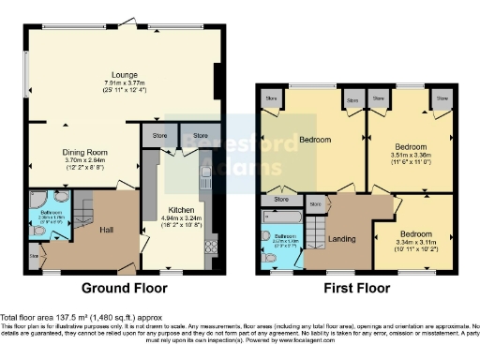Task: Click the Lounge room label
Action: tap(124, 74)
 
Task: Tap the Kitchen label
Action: tap(181, 210)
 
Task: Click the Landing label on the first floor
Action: tap(342, 239)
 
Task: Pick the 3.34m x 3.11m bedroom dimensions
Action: tap(415, 246)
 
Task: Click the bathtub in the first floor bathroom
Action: tap(280, 218)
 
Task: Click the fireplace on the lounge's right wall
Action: tap(218, 79)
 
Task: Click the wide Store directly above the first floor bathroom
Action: tap(278, 200)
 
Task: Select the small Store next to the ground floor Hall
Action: tap(35, 255)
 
